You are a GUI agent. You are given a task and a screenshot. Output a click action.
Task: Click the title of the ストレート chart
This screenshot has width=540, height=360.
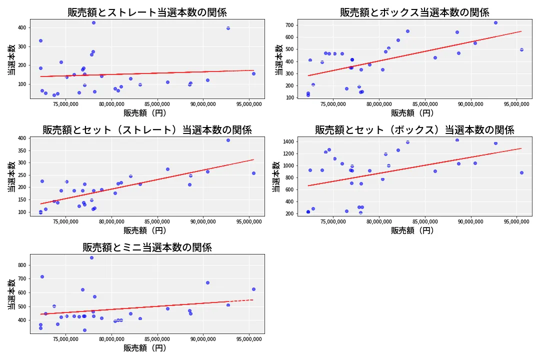pos(147,12)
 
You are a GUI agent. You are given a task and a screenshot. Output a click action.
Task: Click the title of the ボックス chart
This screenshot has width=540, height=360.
pos(414,12)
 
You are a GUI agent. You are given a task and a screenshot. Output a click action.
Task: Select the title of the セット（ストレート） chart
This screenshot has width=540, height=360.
pos(147,130)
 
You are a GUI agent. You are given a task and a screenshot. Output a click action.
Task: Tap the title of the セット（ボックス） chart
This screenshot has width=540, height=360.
pos(414,130)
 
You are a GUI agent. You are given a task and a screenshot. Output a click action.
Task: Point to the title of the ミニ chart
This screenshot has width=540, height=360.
pos(147,247)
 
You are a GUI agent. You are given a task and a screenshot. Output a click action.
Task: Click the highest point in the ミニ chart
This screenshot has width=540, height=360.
pos(91,257)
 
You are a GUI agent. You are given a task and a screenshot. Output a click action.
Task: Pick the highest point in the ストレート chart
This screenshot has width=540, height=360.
pos(93,22)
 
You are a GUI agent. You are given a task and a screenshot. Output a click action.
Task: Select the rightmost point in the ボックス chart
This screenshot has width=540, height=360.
pos(521,49)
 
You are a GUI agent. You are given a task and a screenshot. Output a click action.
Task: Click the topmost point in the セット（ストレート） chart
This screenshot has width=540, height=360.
pos(228,140)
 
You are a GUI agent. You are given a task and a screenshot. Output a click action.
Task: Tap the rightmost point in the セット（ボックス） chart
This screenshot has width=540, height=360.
pos(521,172)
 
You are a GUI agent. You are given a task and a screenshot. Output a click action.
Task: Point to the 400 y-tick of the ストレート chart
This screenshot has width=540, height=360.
pos(21,27)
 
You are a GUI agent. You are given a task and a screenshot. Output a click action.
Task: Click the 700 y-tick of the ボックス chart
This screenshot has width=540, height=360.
pos(288,24)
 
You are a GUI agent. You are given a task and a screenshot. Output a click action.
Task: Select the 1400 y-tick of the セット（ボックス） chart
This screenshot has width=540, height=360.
pos(287,142)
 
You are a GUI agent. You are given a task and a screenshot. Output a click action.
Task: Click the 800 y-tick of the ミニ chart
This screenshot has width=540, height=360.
pos(21,265)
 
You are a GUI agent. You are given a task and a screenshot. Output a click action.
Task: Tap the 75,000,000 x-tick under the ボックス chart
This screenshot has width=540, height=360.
pos(334,104)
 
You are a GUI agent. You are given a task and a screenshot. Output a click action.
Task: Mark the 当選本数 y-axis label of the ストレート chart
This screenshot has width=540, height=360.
pos(11,59)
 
